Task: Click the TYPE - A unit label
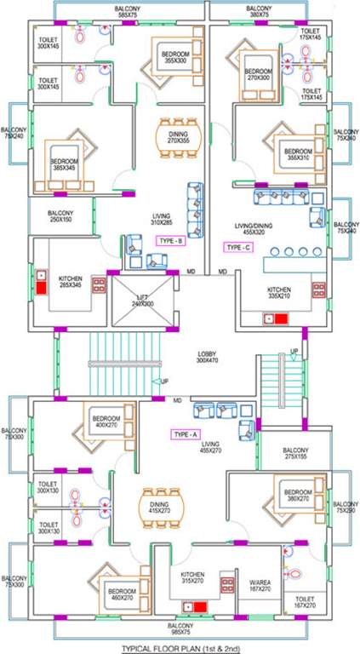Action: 186,434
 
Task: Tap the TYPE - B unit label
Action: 170,241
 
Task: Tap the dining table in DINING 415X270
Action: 158,508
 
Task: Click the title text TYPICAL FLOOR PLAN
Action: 180,647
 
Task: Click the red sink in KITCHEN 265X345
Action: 41,283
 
